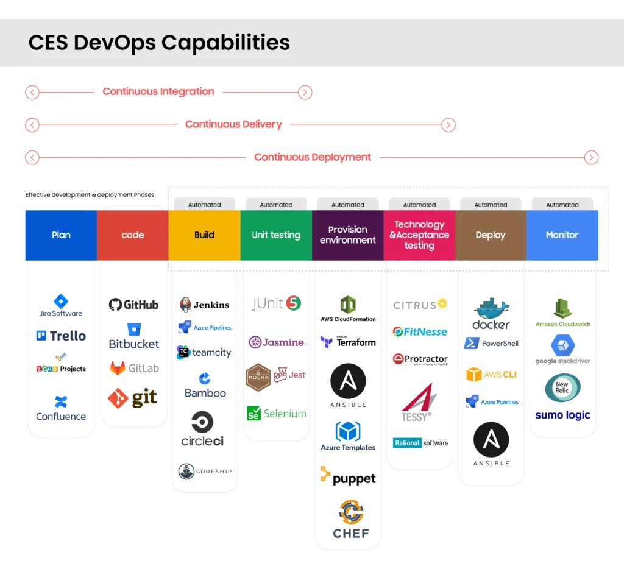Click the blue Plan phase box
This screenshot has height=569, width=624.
point(61,235)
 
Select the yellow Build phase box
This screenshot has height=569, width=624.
point(204,235)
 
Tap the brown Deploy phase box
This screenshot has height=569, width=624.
point(491,235)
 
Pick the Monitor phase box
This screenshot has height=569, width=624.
point(562,235)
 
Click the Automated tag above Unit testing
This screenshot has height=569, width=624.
point(276,205)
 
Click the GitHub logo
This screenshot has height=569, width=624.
point(133,305)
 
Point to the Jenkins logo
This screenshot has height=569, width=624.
point(205,305)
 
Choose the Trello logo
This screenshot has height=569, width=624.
point(61,336)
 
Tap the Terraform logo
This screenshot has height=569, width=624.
point(348,342)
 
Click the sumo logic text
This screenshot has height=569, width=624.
point(562,415)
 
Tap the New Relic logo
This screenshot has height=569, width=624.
point(562,387)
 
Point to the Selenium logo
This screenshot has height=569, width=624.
point(276,414)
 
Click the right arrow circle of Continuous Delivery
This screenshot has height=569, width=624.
point(448,125)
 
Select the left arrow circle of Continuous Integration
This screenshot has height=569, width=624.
point(32,93)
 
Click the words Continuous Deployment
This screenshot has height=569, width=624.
point(313,157)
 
